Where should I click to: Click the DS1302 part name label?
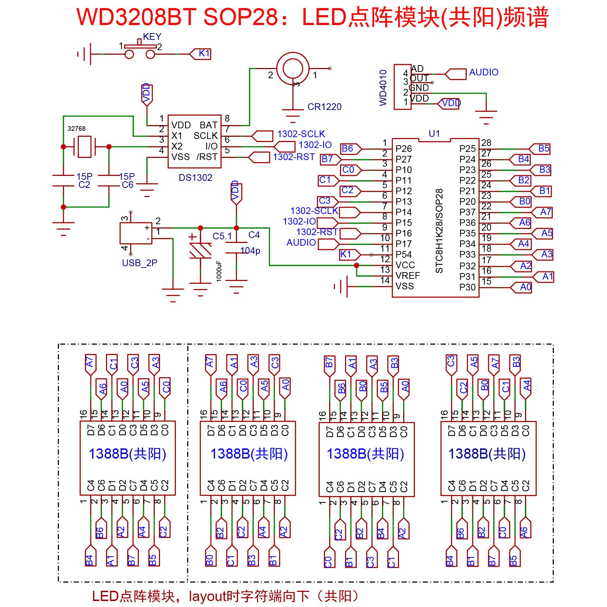coord(195,178)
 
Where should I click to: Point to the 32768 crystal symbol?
coord(85,146)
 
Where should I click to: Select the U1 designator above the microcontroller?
coord(434,134)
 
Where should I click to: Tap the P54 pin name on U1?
coord(404,255)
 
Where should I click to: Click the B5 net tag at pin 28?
coord(540,149)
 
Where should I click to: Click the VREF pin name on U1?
coord(407,276)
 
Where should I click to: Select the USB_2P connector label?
coord(140,263)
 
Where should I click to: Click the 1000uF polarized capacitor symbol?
coord(200,251)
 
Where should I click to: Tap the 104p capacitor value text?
coord(250,251)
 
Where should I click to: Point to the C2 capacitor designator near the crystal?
coord(84,185)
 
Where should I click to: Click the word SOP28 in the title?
coord(246,17)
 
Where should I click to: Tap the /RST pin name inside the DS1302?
coord(207,157)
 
